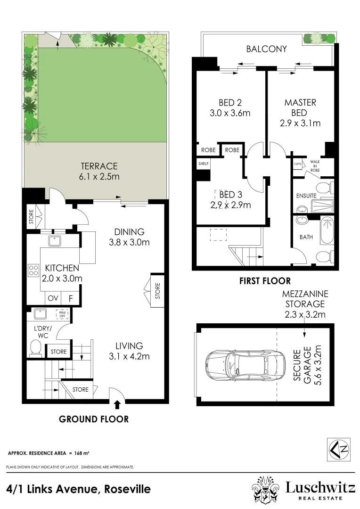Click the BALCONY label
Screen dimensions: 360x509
pos(266,49)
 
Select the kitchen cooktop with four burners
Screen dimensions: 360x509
pos(33,270)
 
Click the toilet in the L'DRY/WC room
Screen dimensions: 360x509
pos(35,348)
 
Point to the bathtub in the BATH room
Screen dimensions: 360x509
pos(327,231)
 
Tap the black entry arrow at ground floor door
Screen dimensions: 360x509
pos(117,404)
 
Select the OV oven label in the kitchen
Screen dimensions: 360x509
pos(53,298)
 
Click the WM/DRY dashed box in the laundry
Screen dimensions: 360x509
pos(62,314)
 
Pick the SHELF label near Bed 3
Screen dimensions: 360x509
pos(204,164)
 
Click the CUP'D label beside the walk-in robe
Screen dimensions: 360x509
pos(298,164)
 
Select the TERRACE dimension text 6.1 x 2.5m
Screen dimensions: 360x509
pos(99,177)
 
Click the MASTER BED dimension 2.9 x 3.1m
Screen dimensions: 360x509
pos(300,123)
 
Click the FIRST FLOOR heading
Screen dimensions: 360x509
pos(265,281)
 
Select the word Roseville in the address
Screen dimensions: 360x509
pos(127,489)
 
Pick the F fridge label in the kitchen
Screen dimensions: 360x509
pos(71,298)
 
